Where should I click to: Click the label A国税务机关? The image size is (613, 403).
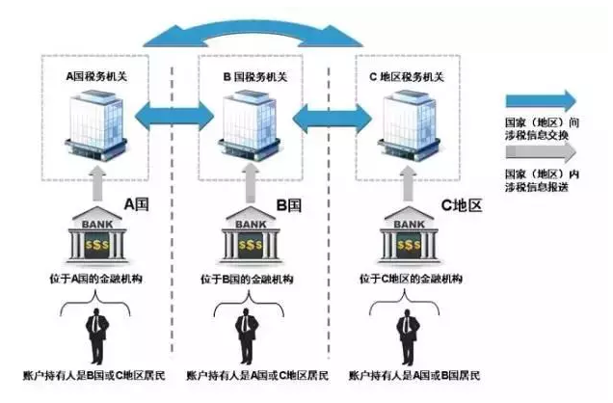point(96,76)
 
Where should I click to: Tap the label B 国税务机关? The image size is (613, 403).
point(255,76)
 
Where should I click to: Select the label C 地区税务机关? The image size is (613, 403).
point(407,76)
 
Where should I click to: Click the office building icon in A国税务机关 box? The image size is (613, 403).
point(96,125)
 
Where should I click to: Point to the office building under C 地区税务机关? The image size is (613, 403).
point(409,125)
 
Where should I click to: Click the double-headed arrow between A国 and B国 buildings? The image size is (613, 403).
point(174,116)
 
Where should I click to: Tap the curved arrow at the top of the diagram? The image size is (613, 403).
point(253,33)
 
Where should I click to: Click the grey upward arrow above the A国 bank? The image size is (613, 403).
point(97,183)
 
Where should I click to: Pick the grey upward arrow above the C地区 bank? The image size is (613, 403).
point(408,184)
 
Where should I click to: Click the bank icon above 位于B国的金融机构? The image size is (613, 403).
point(251,234)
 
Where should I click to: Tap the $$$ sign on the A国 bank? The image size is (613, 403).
point(97,245)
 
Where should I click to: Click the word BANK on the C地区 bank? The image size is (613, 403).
point(409,225)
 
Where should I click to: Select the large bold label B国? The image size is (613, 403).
point(289,205)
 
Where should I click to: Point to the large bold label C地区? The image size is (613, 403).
point(462,205)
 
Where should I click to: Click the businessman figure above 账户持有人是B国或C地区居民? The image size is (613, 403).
point(97,336)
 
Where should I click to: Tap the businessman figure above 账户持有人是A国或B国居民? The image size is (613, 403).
point(408,336)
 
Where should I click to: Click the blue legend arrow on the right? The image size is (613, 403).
point(541,100)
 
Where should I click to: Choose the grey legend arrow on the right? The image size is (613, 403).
point(541,152)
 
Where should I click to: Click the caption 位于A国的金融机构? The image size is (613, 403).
point(95,279)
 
